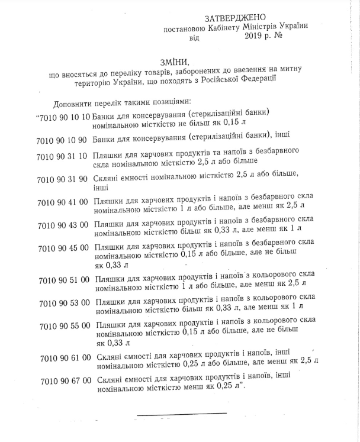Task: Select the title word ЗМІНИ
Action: point(175,62)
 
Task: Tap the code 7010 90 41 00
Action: point(63,202)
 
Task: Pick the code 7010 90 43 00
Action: point(63,225)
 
